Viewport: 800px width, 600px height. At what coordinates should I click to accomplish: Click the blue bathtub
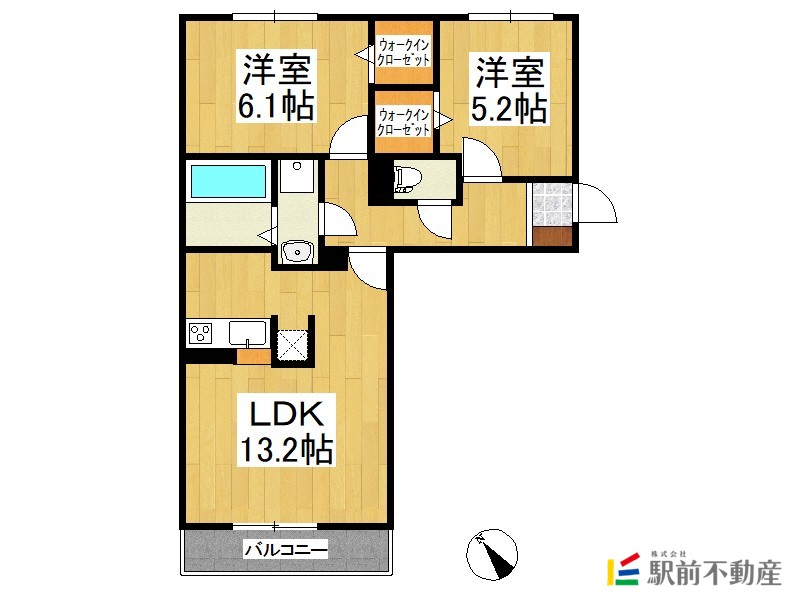click(228, 182)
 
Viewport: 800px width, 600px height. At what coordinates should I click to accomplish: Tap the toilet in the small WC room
click(409, 179)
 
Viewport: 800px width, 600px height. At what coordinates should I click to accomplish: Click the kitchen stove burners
click(200, 333)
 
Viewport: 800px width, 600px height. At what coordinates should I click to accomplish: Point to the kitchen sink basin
click(246, 331)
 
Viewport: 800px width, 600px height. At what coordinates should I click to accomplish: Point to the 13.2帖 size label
click(284, 449)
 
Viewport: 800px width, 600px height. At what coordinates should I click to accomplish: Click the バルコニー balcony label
click(285, 549)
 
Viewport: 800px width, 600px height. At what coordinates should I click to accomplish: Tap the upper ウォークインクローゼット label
click(404, 51)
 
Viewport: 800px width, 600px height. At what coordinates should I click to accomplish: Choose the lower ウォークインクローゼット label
click(404, 121)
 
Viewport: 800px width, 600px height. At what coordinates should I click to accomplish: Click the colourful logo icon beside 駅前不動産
click(623, 570)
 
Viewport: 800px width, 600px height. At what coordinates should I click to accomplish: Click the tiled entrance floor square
click(552, 205)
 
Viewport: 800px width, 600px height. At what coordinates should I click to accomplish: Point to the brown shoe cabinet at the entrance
click(552, 238)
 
